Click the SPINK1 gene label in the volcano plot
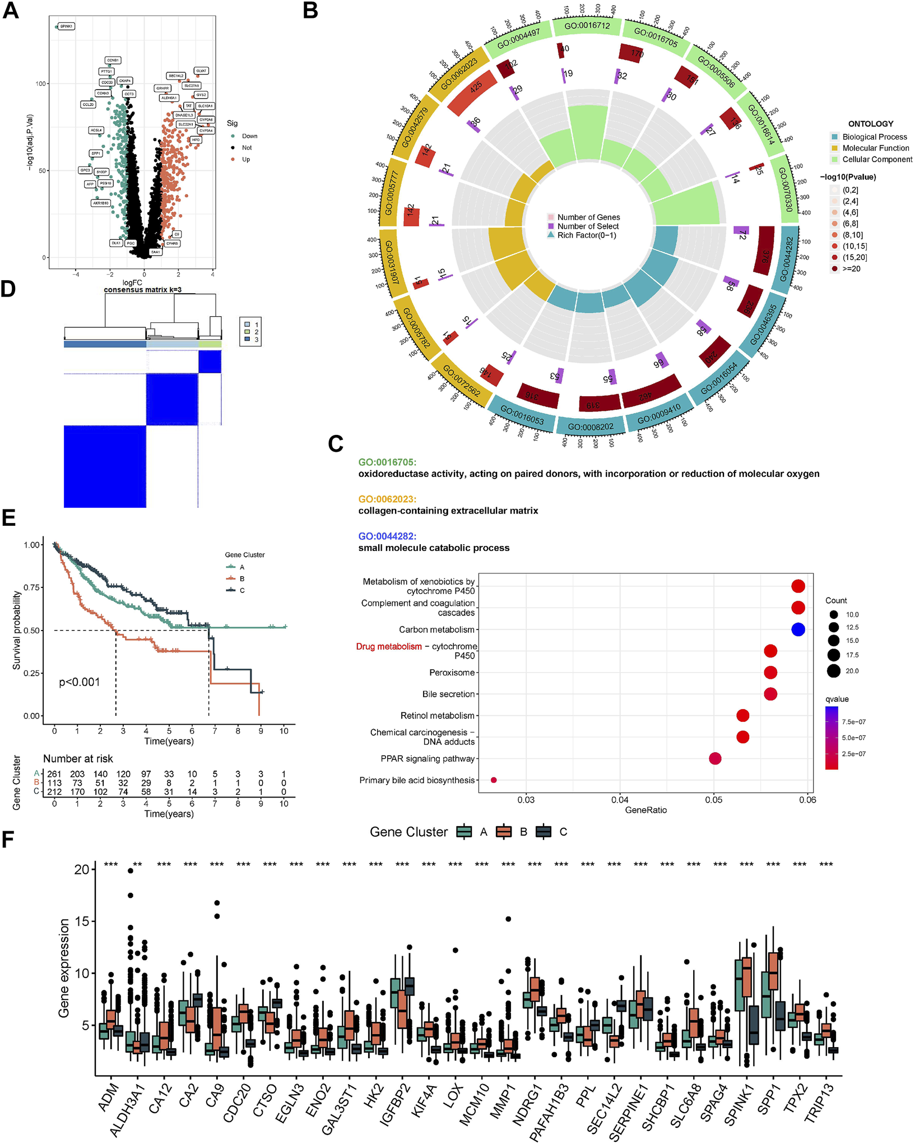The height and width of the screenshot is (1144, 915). (66, 26)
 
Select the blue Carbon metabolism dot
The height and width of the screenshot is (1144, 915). (798, 629)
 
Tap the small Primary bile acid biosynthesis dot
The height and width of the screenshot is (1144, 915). (494, 780)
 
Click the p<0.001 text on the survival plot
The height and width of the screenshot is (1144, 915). (80, 682)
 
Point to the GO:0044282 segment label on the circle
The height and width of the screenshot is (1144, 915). (786, 259)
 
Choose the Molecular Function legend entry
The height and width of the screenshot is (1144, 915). (875, 148)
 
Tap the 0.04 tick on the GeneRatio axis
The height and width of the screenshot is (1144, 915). (620, 800)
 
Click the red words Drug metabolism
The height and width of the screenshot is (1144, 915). (389, 646)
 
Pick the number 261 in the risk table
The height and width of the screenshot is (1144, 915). (54, 774)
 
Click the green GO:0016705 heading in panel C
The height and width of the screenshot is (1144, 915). (387, 462)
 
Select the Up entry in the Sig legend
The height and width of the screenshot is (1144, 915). (246, 159)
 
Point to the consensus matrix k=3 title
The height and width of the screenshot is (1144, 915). (142, 290)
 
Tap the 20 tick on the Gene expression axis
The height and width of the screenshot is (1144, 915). (82, 869)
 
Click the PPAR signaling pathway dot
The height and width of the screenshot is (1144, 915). (715, 758)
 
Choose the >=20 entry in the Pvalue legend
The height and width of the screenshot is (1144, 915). (851, 268)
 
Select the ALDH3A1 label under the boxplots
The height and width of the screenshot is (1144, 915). (128, 1110)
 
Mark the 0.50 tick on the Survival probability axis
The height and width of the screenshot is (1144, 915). (32, 631)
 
